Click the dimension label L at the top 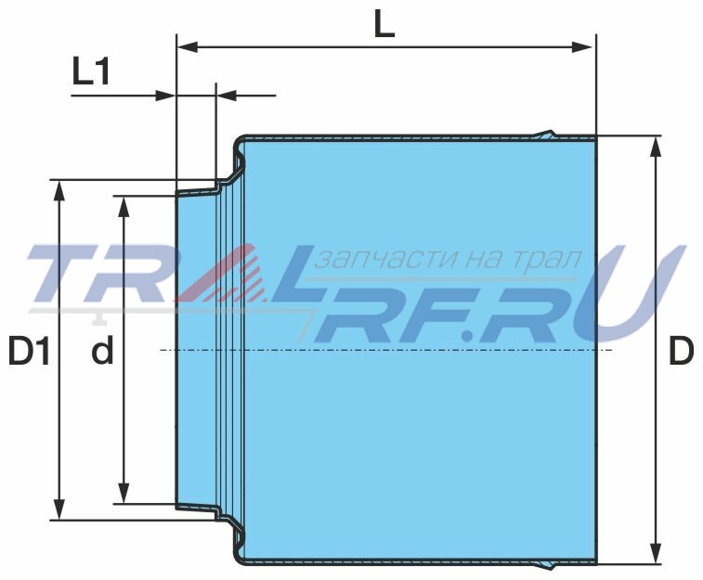pos(384,26)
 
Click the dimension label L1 pos(91,71)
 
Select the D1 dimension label pos(28,351)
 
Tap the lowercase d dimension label pos(102,351)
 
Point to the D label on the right pos(681,351)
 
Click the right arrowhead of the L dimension pos(585,46)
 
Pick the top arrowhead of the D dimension pos(656,146)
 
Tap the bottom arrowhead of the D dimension pos(656,553)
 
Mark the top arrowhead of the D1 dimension pos(59,190)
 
